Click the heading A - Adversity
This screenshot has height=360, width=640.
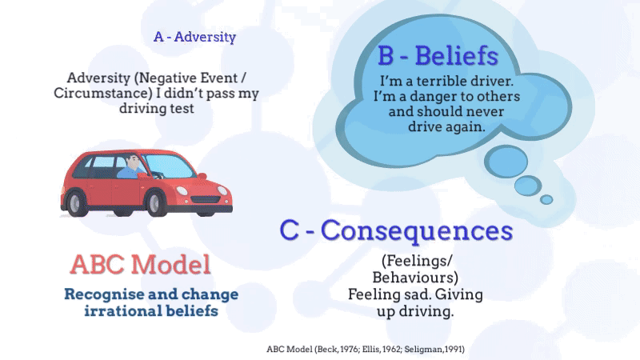point(194,37)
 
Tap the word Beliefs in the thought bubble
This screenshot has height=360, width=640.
point(456,57)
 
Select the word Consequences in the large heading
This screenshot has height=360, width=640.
point(416,230)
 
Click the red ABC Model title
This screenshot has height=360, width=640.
point(140,264)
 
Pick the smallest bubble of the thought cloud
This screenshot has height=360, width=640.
point(546,199)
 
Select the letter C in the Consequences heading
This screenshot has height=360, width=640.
point(289,230)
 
